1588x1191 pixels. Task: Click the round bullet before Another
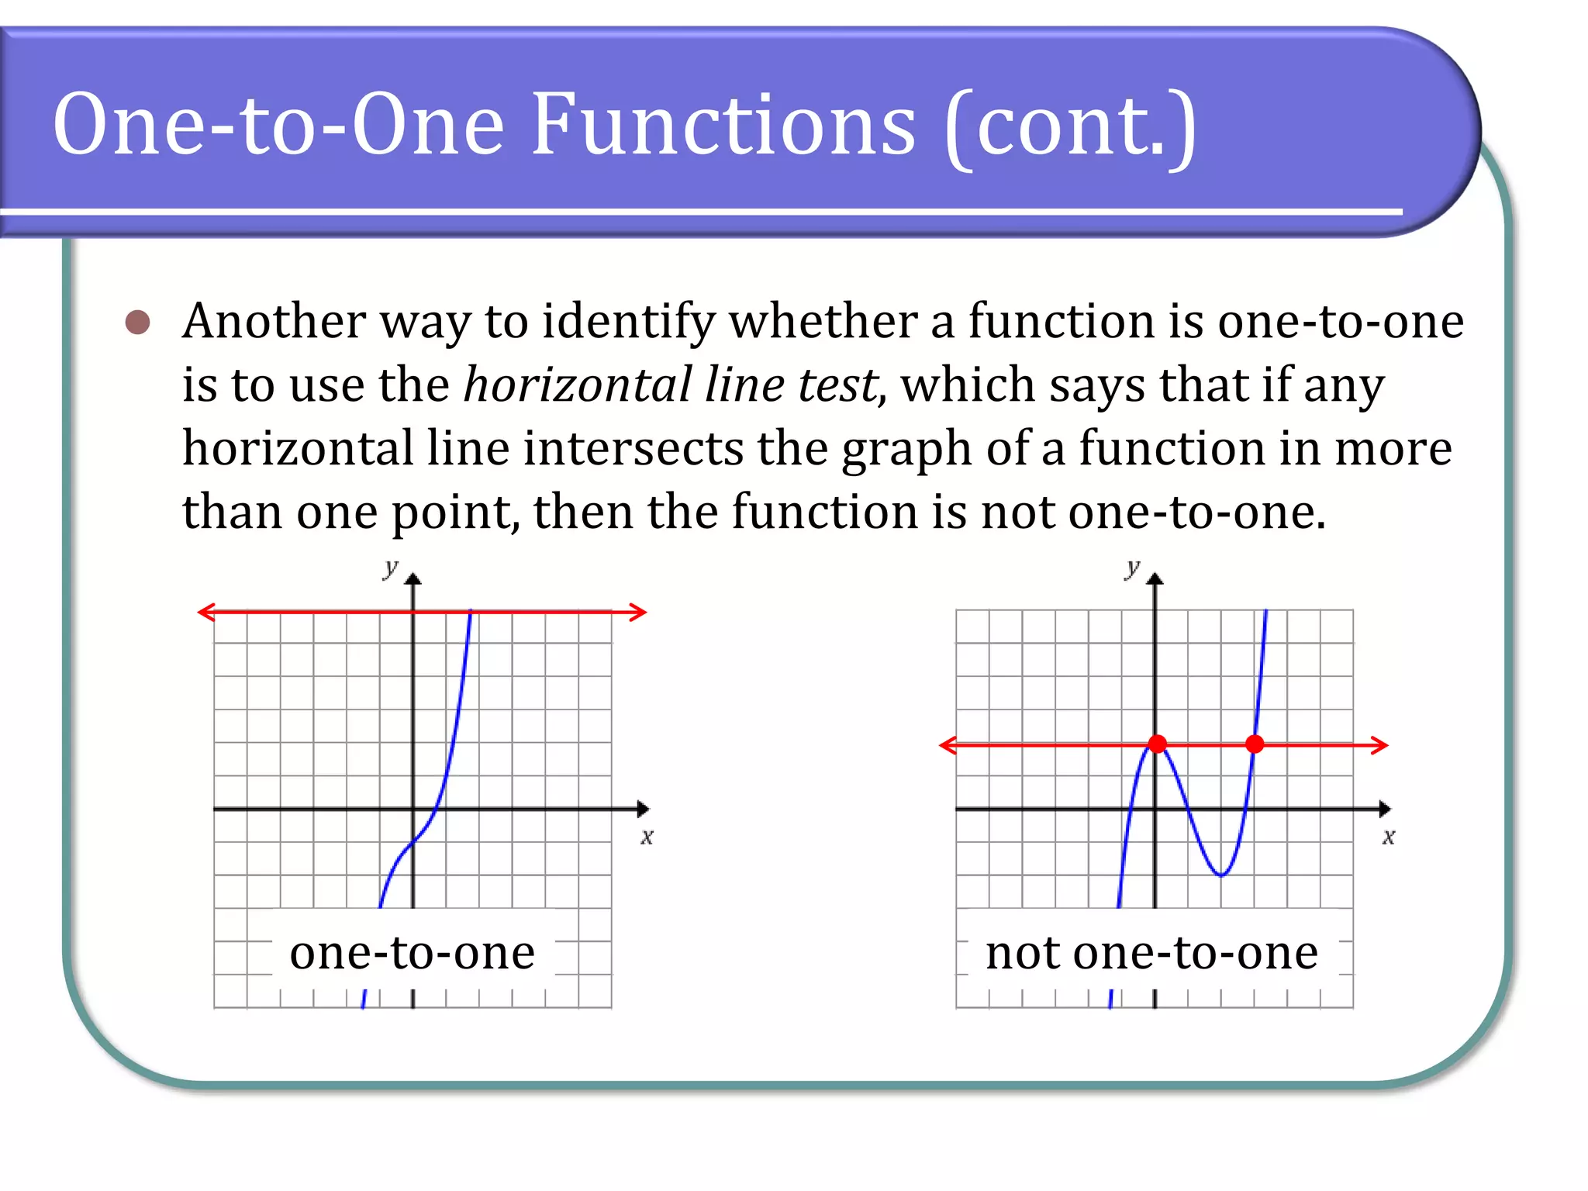tap(137, 323)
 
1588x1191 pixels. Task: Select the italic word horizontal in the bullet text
tap(578, 385)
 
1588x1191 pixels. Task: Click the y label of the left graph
tap(390, 568)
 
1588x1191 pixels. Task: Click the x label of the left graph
tap(647, 837)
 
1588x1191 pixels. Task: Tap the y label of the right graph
tap(1132, 568)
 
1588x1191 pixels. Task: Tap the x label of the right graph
tap(1388, 837)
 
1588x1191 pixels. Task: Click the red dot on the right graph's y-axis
tap(1157, 744)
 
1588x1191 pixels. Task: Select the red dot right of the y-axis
tap(1255, 744)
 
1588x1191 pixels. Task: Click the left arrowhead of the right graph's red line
tap(948, 746)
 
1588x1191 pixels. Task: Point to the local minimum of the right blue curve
tap(1221, 875)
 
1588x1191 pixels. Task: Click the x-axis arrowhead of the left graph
tap(643, 810)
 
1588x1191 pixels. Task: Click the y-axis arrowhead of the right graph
tap(1155, 578)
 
